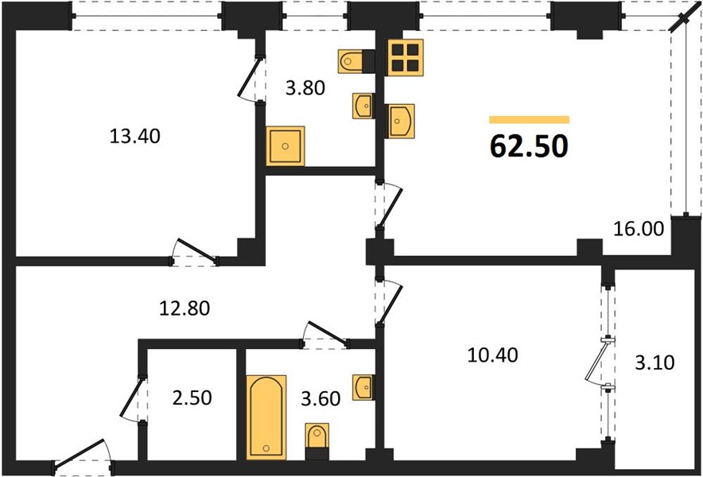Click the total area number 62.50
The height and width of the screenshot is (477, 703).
[529, 146]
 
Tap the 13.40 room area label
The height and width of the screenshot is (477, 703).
[134, 136]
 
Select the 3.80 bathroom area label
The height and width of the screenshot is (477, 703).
[305, 88]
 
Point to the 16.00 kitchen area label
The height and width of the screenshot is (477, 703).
[639, 229]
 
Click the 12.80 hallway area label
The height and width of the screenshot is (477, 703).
[184, 308]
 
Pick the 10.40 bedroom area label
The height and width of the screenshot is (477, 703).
[493, 355]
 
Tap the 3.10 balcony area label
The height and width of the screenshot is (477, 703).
[654, 363]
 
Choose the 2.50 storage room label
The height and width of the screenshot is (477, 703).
[192, 397]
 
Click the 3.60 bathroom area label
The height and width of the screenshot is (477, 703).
[320, 398]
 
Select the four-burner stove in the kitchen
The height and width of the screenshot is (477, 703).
[406, 57]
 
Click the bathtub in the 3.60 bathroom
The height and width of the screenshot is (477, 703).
[266, 417]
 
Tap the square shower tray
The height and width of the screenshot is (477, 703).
[285, 145]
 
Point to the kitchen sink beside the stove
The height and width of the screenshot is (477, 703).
[401, 121]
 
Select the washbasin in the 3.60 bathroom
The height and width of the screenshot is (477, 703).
[363, 387]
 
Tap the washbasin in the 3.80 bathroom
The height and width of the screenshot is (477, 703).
[363, 106]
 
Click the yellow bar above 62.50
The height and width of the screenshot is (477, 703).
[529, 120]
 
